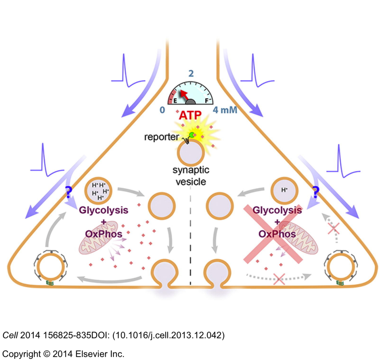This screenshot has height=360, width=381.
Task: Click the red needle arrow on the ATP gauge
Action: click(x=182, y=94)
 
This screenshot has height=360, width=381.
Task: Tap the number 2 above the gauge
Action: click(x=191, y=73)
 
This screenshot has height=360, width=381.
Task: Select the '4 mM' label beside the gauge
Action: click(x=225, y=110)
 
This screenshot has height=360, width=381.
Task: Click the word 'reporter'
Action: click(x=161, y=137)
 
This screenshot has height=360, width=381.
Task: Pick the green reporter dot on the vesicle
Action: click(x=192, y=134)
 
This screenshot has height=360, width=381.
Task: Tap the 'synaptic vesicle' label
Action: click(x=190, y=176)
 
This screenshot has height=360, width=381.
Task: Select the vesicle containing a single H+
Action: click(x=284, y=190)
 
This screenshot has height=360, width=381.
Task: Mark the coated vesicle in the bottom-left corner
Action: click(x=50, y=269)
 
